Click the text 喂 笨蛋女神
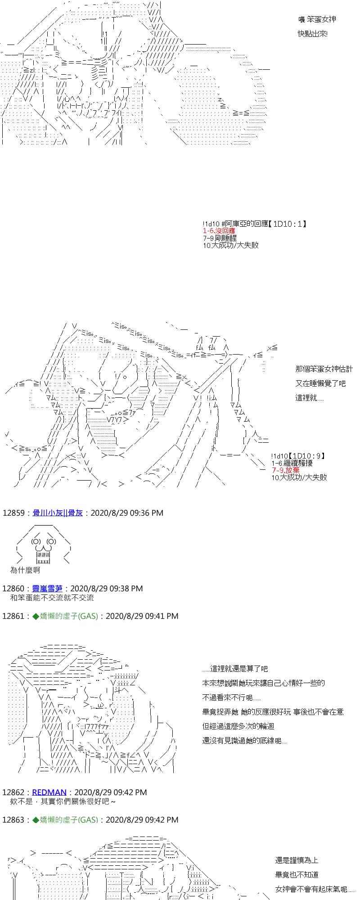pyautogui.click(x=317, y=19)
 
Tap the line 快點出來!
pyautogui.click(x=312, y=34)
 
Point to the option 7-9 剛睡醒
pyautogui.click(x=220, y=238)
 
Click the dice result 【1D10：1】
pyautogui.click(x=289, y=224)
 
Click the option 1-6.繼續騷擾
pyautogui.click(x=292, y=463)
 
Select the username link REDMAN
pyautogui.click(x=49, y=792)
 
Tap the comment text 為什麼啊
pyautogui.click(x=25, y=570)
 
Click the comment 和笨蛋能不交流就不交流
pyautogui.click(x=52, y=598)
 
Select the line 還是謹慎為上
pyautogui.click(x=297, y=860)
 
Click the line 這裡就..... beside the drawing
pyautogui.click(x=309, y=398)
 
